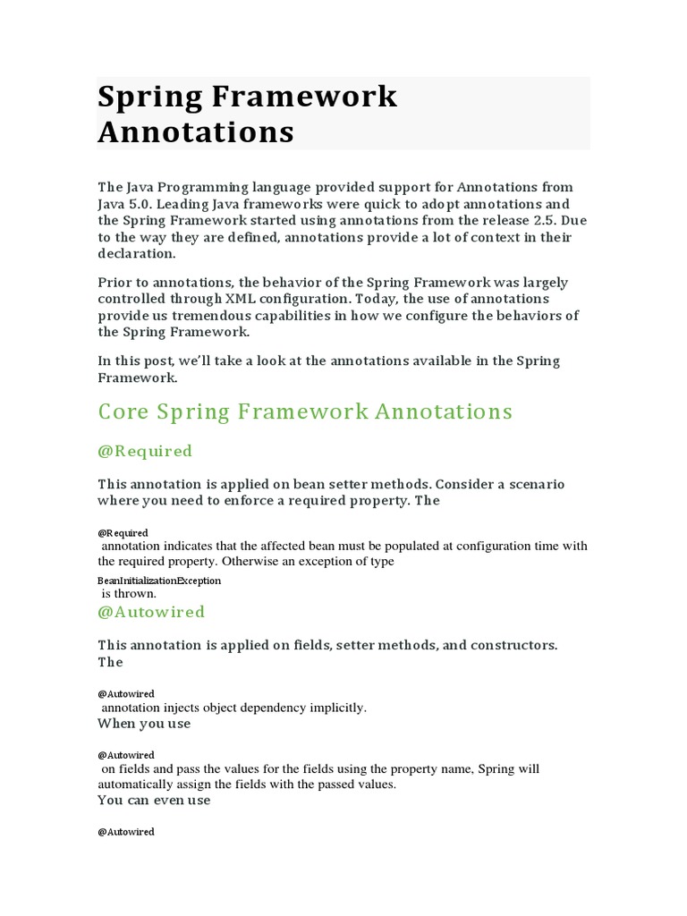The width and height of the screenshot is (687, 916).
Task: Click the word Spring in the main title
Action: (x=147, y=97)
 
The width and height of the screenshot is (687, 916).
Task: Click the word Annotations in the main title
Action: (x=195, y=131)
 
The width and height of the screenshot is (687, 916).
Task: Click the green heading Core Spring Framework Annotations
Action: (x=305, y=411)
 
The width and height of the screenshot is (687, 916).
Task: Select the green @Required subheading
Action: (x=144, y=451)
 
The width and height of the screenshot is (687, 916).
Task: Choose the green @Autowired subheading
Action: (x=150, y=612)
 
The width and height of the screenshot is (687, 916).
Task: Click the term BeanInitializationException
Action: (x=159, y=581)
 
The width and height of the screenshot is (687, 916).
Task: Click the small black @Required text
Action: (x=123, y=533)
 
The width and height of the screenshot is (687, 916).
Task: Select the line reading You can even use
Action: (x=154, y=801)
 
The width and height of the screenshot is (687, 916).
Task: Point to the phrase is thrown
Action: (x=129, y=593)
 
